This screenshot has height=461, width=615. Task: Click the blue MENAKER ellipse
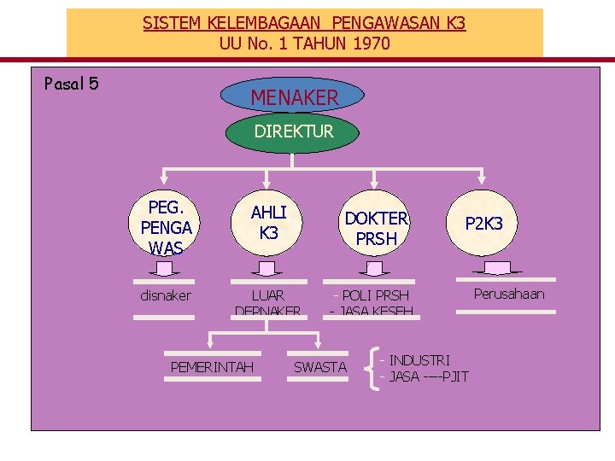[x=293, y=97]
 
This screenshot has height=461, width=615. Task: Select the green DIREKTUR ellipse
[x=293, y=131]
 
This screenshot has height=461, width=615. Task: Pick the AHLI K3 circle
[x=268, y=222]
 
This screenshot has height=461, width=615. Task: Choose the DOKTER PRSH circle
[x=376, y=228]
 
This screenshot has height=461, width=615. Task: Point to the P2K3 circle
[x=483, y=223]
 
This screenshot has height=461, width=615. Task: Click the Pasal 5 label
[x=71, y=83]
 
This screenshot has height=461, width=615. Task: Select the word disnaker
[x=166, y=295]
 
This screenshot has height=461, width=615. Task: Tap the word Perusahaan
[x=509, y=295]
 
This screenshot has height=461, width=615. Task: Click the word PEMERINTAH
[x=213, y=367]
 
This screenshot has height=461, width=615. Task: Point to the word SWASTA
[x=320, y=367]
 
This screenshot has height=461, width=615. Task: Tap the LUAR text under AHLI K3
[x=267, y=295]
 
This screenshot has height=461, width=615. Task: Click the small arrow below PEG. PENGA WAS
[x=166, y=270]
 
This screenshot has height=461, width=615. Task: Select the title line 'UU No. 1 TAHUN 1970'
[x=304, y=42]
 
